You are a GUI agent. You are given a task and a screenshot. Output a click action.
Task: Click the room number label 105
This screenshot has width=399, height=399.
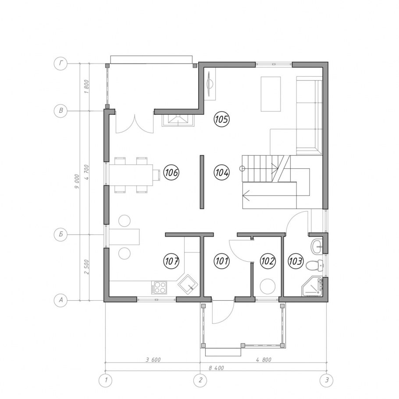(x=221, y=119)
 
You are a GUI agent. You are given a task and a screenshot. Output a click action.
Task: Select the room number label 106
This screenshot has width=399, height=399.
(x=171, y=173)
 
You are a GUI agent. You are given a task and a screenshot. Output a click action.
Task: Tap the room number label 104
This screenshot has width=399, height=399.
(x=221, y=173)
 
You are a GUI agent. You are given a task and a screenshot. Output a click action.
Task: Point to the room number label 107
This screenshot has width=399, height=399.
(x=171, y=261)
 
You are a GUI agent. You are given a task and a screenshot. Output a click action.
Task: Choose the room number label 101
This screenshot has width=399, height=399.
(x=221, y=261)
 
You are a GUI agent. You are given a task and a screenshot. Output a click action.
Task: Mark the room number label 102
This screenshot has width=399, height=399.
(x=268, y=261)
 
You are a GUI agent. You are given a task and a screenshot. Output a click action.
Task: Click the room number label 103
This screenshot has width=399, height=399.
(x=296, y=261)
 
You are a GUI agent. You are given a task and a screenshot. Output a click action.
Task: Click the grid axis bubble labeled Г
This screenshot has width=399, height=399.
(x=61, y=64)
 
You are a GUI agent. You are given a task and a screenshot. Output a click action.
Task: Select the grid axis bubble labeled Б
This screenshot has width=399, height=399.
(x=61, y=234)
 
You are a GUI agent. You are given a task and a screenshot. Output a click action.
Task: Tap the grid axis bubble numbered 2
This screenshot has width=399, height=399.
(x=200, y=380)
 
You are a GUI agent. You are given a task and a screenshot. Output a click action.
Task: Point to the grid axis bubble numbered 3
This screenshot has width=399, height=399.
(x=327, y=380)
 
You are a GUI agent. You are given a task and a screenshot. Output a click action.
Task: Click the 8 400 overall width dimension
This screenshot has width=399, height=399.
(x=217, y=368)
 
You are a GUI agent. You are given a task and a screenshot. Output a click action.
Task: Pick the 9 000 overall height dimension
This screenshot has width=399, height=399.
(x=77, y=182)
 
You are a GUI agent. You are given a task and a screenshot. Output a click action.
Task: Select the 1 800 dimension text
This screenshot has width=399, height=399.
(x=86, y=87)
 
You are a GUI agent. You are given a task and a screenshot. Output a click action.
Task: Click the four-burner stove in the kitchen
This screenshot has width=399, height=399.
(x=159, y=288)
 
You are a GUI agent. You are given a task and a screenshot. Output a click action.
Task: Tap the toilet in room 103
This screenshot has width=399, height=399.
(x=315, y=266)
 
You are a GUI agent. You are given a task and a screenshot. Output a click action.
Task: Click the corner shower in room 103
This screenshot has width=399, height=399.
(x=312, y=287)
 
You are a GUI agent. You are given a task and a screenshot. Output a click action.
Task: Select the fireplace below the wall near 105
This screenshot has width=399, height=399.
(x=178, y=120)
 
